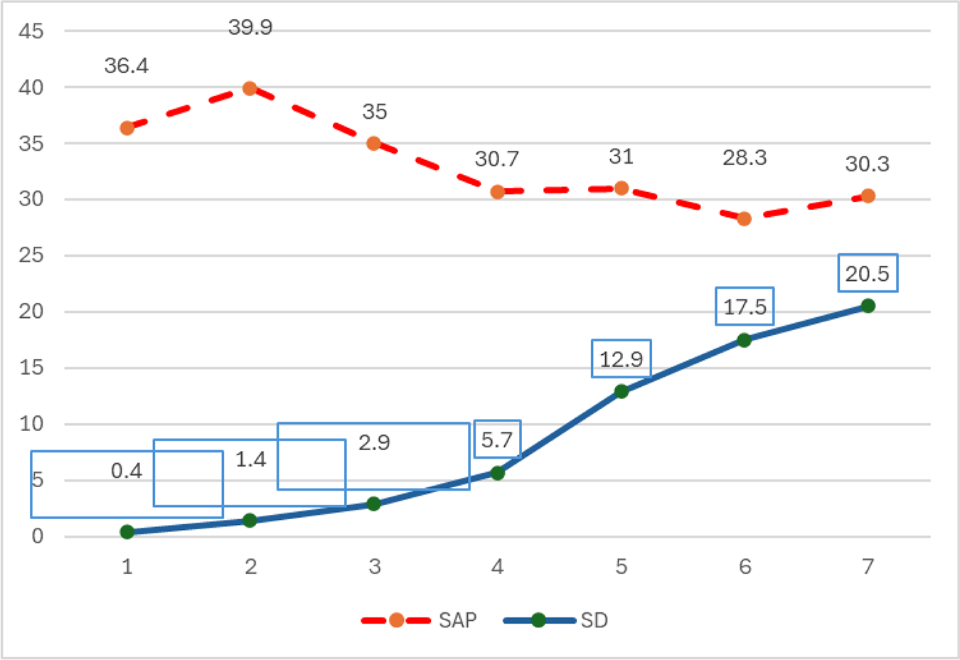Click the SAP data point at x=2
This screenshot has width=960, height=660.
250,88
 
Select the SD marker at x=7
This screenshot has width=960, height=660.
868,306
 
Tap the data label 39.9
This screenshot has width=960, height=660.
250,28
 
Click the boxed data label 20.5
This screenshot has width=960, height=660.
868,274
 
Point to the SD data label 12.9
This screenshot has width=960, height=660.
621,359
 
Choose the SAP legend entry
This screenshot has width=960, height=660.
420,620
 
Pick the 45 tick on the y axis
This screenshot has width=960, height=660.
31,31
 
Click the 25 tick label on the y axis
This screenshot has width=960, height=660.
31,255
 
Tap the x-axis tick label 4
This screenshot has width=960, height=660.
497,567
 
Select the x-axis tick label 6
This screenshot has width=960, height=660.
745,567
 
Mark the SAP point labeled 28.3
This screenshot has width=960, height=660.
744,218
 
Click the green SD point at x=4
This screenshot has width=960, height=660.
497,473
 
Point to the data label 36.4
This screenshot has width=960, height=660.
127,66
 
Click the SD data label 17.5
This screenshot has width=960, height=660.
745,307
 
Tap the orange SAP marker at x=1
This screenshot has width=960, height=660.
127,128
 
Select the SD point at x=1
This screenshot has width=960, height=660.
127,532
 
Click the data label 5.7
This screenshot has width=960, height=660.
497,440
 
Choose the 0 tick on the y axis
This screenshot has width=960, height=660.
37,536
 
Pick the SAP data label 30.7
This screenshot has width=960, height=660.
497,159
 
